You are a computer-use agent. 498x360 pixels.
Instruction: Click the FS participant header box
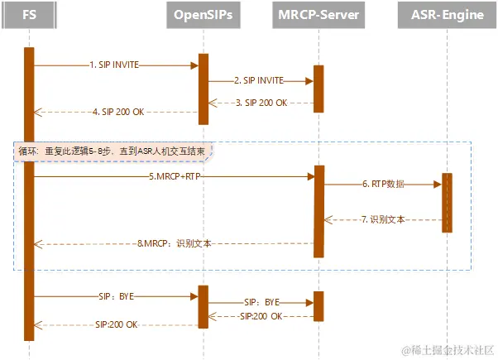[29, 14]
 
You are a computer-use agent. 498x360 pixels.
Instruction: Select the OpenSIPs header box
[204, 14]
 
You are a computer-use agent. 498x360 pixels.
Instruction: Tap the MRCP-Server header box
[318, 14]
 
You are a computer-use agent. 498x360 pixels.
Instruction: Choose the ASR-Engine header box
[447, 14]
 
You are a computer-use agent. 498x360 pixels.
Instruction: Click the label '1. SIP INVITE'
[114, 64]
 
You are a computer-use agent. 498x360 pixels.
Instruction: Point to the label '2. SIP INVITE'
[259, 80]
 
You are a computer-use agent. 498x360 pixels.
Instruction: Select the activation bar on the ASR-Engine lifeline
[447, 203]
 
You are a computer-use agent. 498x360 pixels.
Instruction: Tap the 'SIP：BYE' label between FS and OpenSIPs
[115, 295]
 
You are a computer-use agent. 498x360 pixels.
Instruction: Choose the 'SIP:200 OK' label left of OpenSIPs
[117, 324]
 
